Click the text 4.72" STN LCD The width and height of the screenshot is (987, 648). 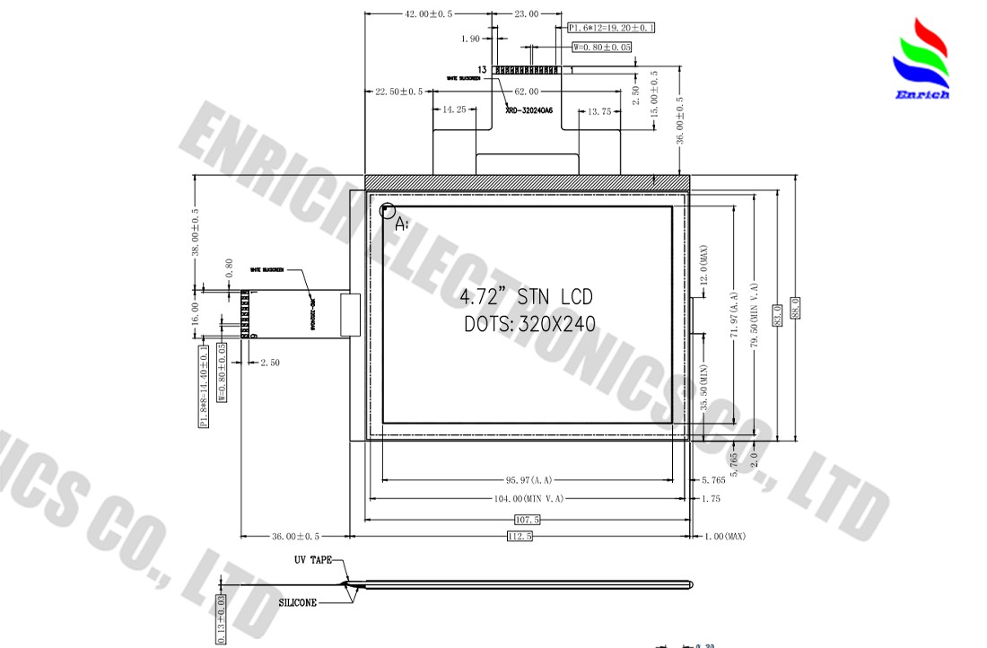[526, 297]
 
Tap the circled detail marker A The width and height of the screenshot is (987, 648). [388, 212]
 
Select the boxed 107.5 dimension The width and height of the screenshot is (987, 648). [528, 520]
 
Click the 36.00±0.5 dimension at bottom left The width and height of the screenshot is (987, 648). [296, 537]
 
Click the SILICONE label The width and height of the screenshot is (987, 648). [297, 603]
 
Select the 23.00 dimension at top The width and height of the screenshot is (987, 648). [526, 14]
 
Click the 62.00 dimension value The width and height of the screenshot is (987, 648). [527, 92]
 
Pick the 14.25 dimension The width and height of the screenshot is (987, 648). [455, 110]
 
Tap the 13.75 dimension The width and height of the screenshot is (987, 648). [598, 111]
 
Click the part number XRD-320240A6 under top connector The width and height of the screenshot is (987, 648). [529, 110]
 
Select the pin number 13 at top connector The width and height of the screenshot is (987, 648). [483, 69]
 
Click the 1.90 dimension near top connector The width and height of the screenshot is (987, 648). [470, 39]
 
